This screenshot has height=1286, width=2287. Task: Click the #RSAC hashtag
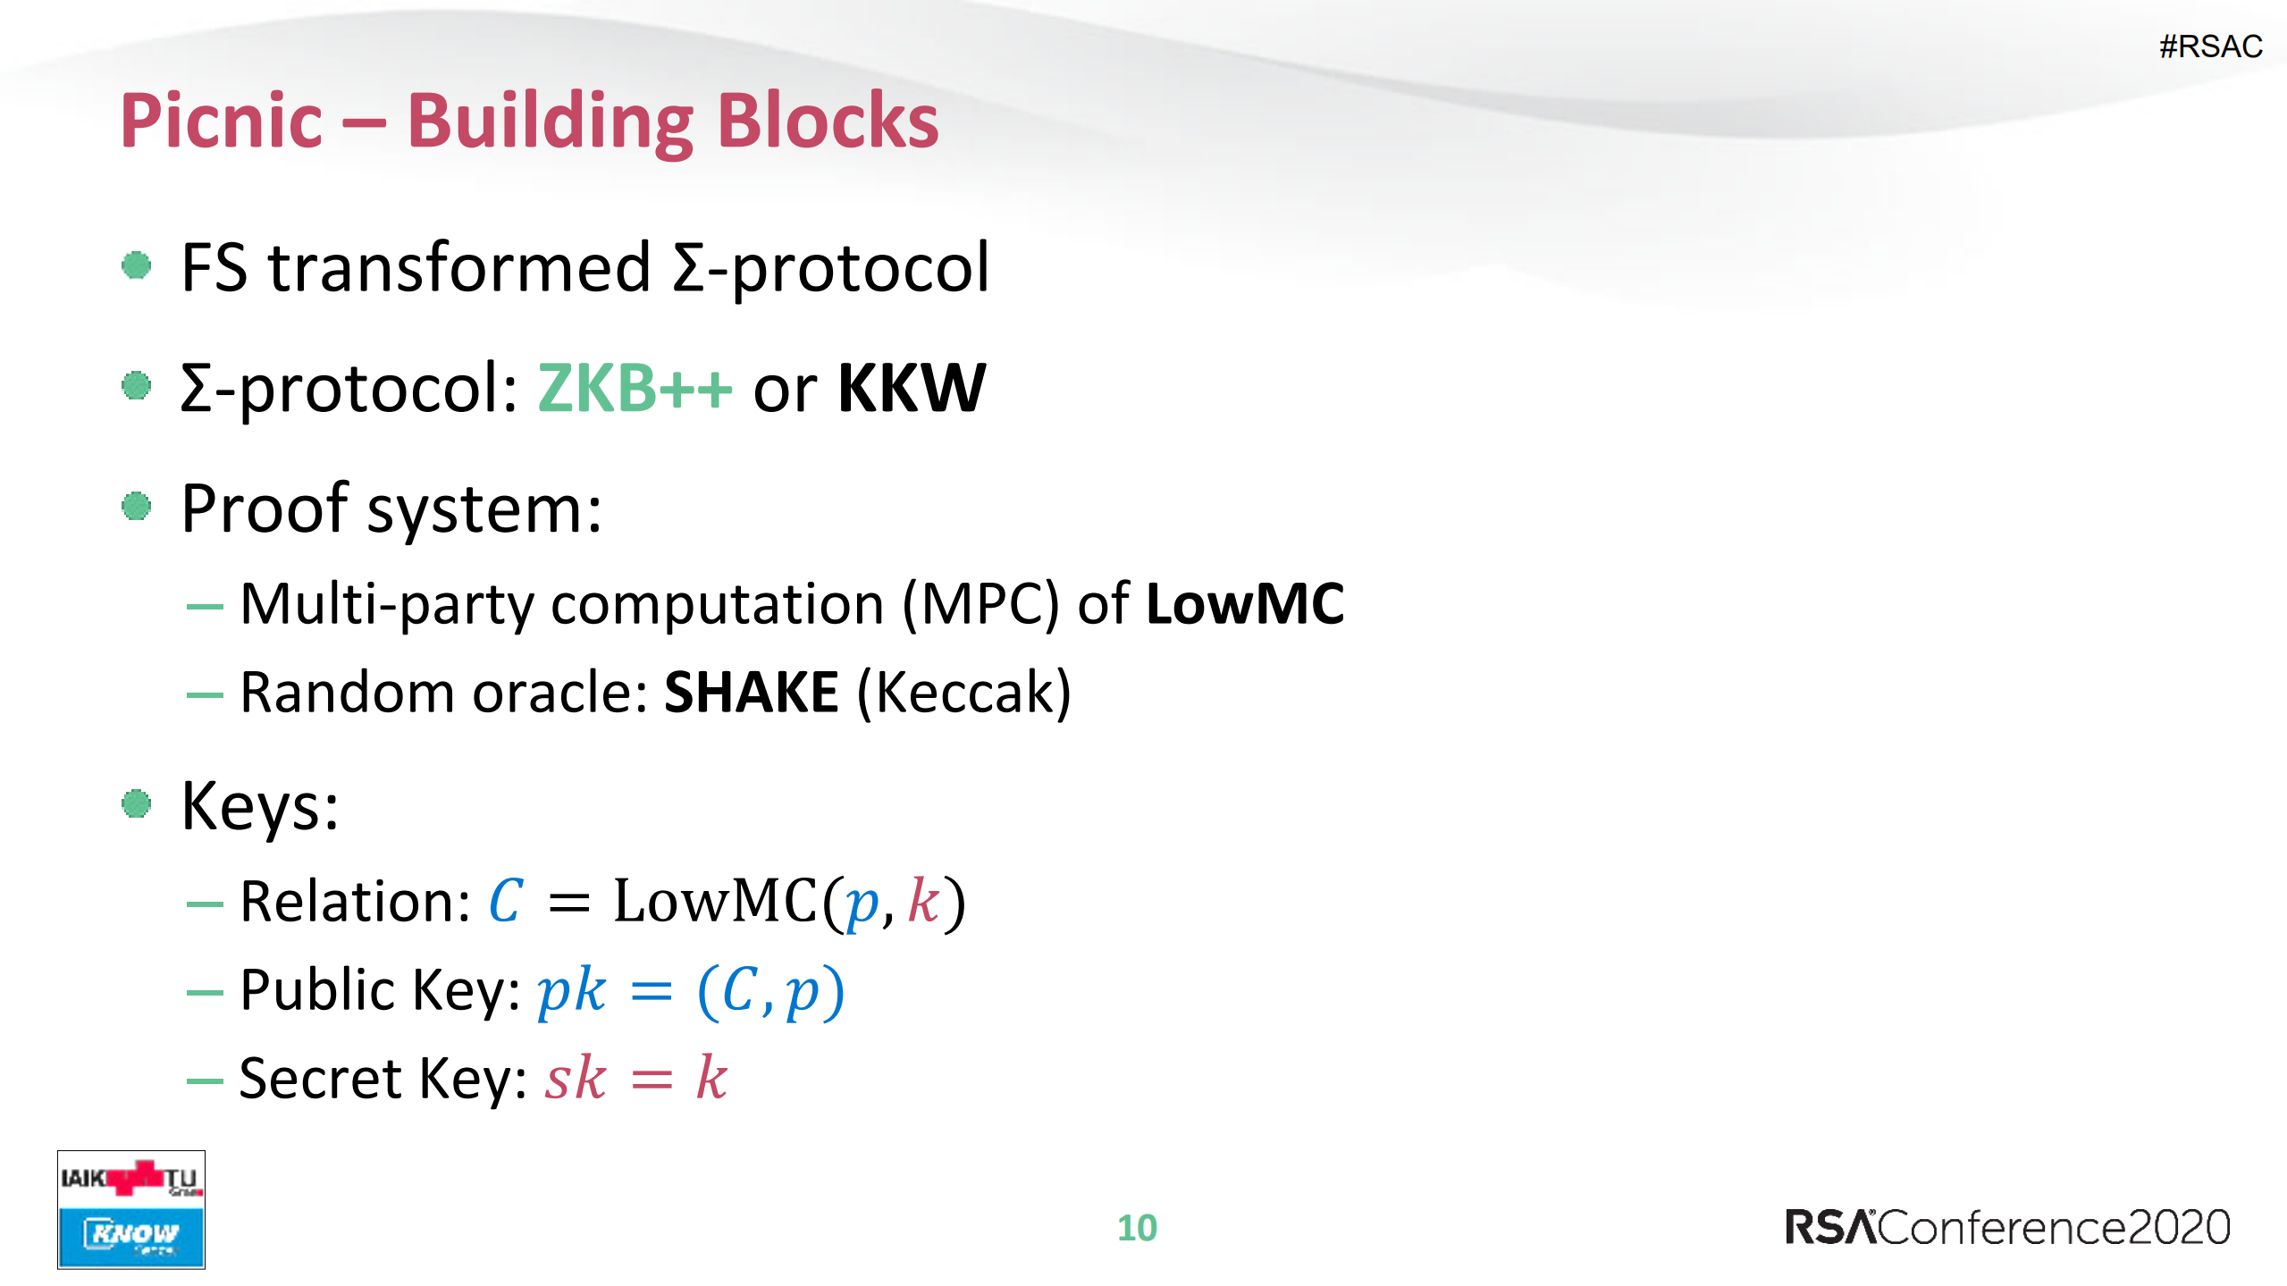point(2210,46)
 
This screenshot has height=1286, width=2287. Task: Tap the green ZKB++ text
point(635,388)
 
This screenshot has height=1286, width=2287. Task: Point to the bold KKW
point(911,388)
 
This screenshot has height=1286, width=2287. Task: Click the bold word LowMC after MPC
point(1245,604)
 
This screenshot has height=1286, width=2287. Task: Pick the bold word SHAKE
point(752,693)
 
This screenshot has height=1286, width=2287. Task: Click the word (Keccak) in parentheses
point(963,693)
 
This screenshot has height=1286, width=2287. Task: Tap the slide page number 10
point(1137,1228)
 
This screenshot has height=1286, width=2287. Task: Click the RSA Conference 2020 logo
point(2007,1227)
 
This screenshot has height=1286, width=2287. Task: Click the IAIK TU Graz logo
point(131,1179)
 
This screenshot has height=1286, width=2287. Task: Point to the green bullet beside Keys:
point(136,803)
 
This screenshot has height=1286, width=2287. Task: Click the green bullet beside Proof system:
point(136,507)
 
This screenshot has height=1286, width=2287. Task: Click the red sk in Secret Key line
point(576,1078)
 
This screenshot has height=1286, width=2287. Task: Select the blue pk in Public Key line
point(571,990)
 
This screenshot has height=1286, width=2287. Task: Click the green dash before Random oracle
point(205,694)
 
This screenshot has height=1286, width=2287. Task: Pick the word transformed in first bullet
point(459,267)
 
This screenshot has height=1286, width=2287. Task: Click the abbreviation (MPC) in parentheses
point(980,604)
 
